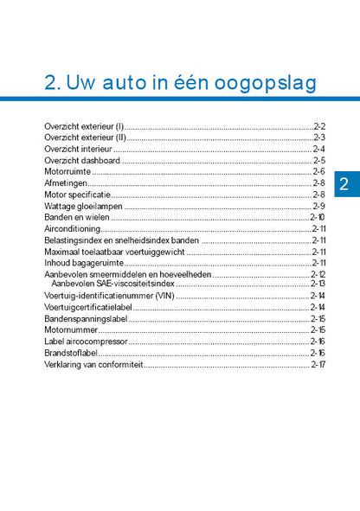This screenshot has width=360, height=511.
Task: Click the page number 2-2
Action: click(x=318, y=126)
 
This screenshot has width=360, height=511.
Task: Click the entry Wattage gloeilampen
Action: click(x=83, y=206)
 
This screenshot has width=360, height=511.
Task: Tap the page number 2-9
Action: click(x=318, y=206)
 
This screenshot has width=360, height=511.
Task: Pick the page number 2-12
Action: click(x=318, y=274)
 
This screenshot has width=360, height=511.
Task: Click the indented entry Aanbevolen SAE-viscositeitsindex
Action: click(x=112, y=283)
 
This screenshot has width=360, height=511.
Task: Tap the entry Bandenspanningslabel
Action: click(x=85, y=319)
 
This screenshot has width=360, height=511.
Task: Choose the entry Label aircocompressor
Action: click(x=85, y=342)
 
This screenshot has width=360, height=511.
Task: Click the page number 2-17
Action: click(x=318, y=364)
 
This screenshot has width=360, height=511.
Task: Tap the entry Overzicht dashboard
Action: click(x=82, y=160)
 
